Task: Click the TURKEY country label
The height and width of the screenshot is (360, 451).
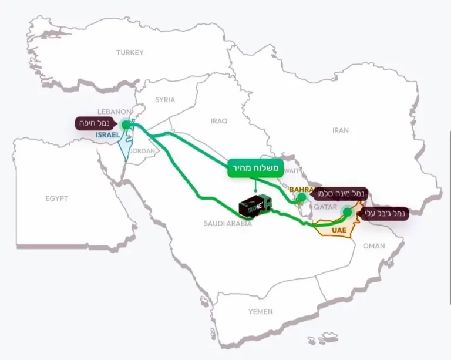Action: pyautogui.click(x=129, y=52)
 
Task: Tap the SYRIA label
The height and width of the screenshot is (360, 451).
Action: pyautogui.click(x=165, y=100)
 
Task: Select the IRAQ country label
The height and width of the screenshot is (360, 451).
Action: pyautogui.click(x=218, y=121)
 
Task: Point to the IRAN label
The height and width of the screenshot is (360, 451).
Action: pyautogui.click(x=341, y=130)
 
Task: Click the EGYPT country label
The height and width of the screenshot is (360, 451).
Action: pyautogui.click(x=57, y=198)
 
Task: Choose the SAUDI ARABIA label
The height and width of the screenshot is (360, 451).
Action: pyautogui.click(x=228, y=224)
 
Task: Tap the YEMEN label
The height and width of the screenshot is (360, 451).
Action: pyautogui.click(x=260, y=311)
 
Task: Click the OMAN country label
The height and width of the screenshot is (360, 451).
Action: pyautogui.click(x=374, y=246)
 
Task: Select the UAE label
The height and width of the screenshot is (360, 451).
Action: pyautogui.click(x=339, y=230)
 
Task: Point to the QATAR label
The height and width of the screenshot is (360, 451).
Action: pyautogui.click(x=326, y=207)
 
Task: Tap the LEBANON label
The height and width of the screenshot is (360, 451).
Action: pyautogui.click(x=113, y=112)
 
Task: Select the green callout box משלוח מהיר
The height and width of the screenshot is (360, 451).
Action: pyautogui.click(x=254, y=169)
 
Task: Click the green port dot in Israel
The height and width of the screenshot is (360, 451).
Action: pyautogui.click(x=125, y=125)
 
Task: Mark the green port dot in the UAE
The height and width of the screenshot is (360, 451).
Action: pyautogui.click(x=347, y=211)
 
